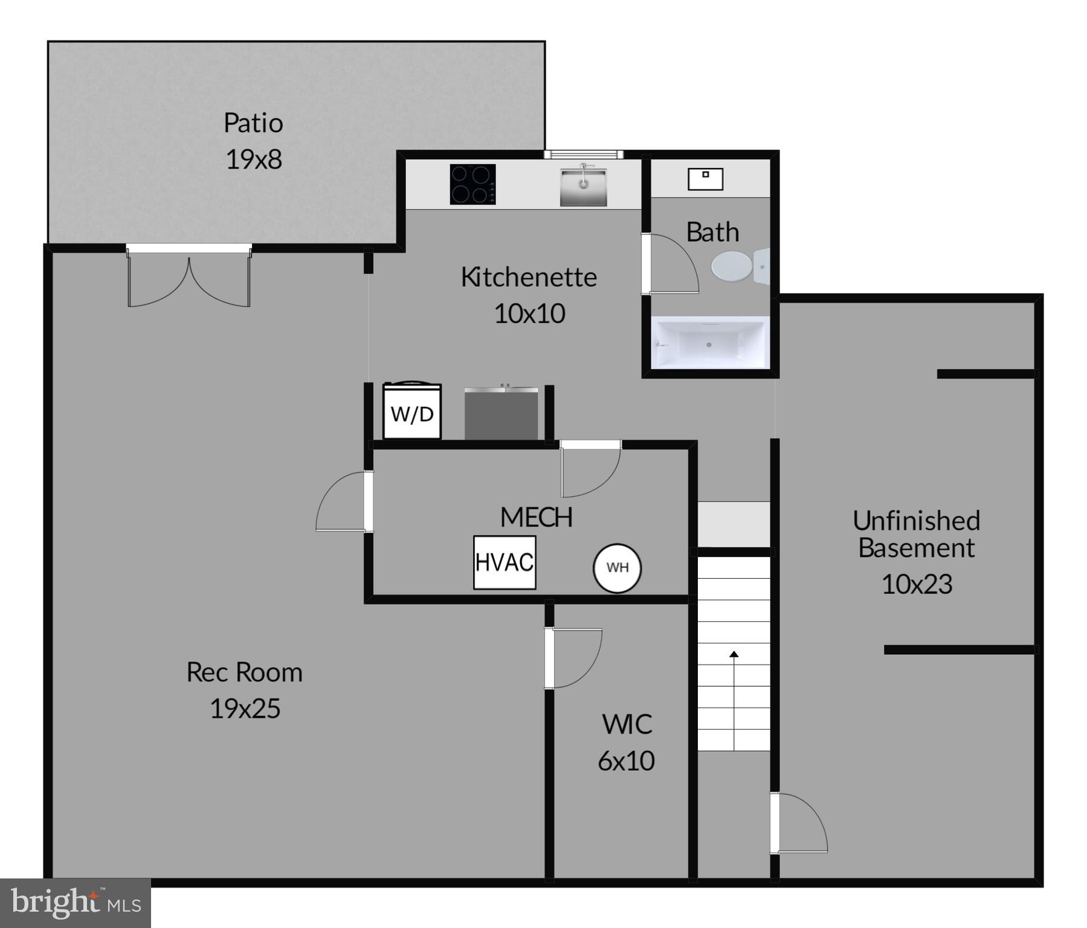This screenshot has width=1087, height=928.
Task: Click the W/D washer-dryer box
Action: [412, 413]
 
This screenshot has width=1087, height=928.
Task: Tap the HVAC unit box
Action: [504, 562]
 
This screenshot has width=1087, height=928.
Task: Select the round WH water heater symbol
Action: [617, 568]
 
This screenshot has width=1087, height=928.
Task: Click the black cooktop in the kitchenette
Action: [473, 184]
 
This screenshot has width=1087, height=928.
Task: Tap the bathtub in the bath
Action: [709, 343]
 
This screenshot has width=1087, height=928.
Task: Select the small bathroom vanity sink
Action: [705, 179]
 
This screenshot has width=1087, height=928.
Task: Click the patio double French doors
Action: [189, 277]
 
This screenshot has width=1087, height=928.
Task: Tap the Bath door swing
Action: [671, 265]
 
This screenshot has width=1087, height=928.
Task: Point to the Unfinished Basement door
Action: [799, 823]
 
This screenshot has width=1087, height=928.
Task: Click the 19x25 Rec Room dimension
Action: [245, 709]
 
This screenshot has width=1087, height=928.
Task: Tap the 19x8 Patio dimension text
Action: [254, 159]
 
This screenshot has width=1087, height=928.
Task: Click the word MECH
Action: [536, 517]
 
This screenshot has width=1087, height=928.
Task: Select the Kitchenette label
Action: [529, 277]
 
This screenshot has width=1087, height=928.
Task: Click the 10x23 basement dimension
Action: [917, 584]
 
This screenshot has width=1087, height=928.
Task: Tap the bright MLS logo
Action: [75, 903]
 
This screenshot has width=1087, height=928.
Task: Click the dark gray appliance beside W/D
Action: [501, 414]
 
